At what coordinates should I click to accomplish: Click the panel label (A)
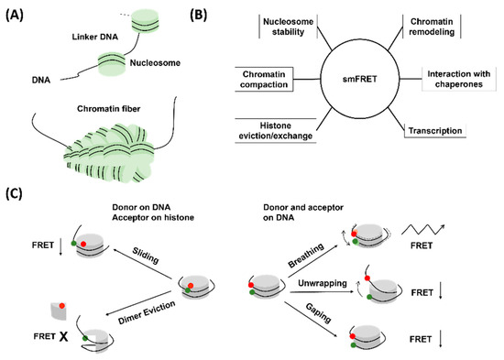pyautogui.click(x=19, y=13)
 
